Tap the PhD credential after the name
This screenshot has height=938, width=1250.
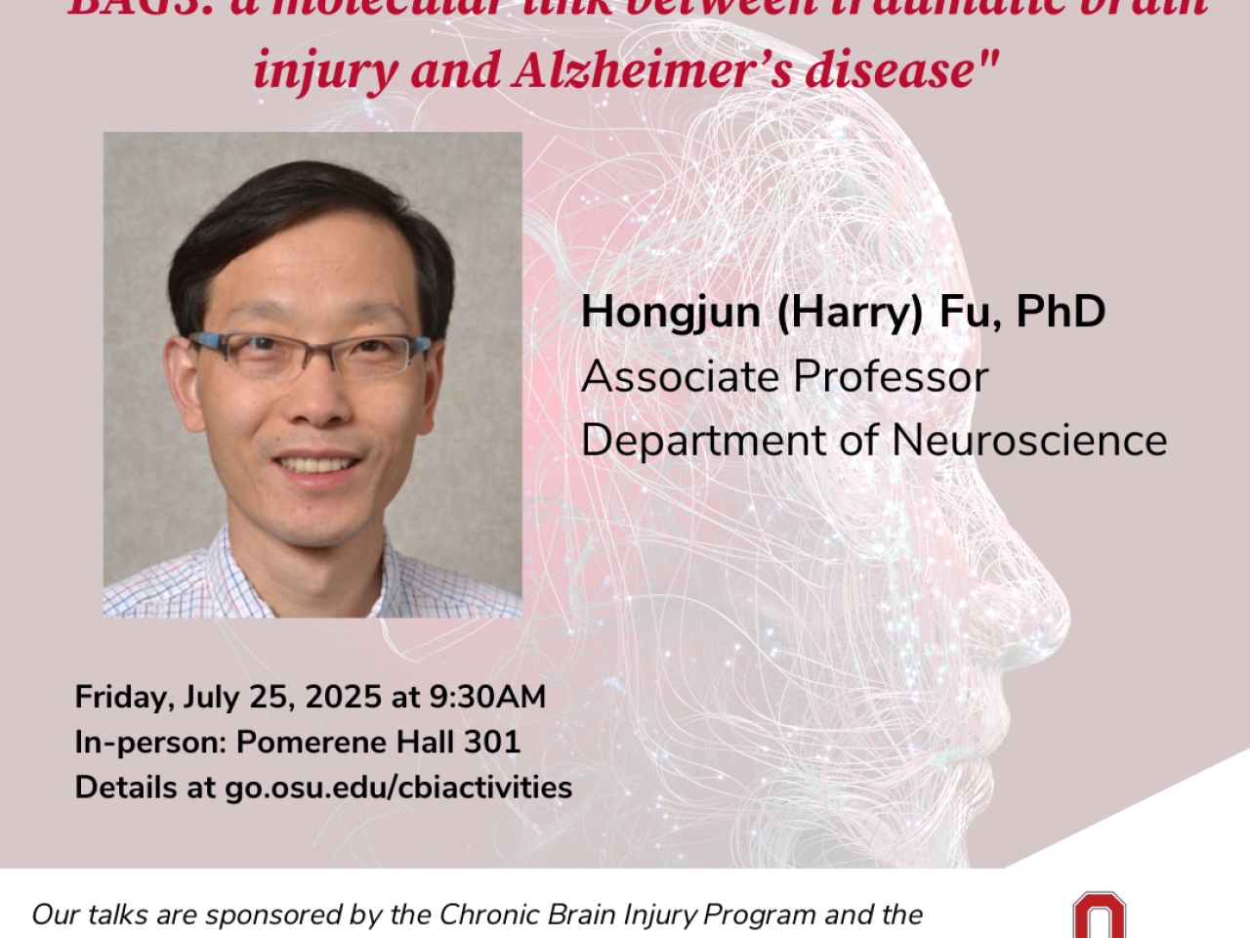pos(1061,311)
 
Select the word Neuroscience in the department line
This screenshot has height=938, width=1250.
pos(1029,440)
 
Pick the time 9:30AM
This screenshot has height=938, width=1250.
pos(487,697)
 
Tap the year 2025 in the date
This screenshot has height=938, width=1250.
pos(343,697)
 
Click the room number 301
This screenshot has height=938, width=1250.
pos(492,742)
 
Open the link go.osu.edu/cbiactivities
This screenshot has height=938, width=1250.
pos(398,788)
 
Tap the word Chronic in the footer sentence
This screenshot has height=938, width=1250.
pos(475,915)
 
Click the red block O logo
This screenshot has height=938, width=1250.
pos(1099,916)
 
